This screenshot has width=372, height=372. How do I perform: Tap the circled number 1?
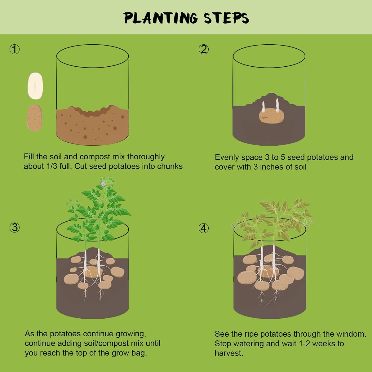15,49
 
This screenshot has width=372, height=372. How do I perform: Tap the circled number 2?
204,49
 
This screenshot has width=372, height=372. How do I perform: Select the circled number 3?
15,228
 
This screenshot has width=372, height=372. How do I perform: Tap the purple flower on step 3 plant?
103,184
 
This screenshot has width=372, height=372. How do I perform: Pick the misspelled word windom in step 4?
351,334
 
